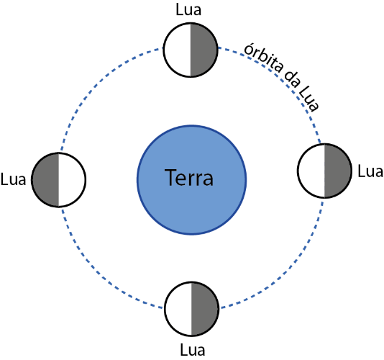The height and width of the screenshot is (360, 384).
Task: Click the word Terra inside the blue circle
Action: point(189,178)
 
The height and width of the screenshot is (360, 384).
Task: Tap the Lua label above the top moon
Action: point(188,10)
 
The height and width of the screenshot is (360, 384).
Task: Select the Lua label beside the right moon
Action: point(370,171)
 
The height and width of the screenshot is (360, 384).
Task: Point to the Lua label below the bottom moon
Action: point(193,350)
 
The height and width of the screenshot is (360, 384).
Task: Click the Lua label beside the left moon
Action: point(13,179)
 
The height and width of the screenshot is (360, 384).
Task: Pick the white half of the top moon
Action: point(177,50)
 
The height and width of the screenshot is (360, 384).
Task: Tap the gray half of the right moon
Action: point(338,171)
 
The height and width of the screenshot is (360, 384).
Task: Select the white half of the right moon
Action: point(311,171)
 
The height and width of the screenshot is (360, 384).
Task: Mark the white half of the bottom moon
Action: point(178,309)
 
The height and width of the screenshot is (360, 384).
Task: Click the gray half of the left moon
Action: point(45,180)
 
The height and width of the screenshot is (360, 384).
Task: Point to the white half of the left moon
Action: point(72,180)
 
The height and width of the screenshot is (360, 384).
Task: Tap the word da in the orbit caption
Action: point(292,79)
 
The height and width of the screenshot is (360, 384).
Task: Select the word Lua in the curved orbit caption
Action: point(309,100)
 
